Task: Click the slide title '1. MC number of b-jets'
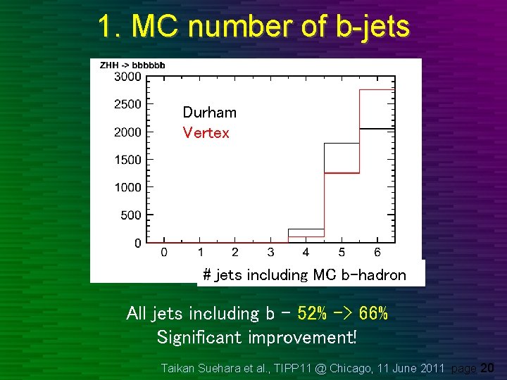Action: [x=254, y=27]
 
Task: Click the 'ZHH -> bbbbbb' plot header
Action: [x=132, y=65]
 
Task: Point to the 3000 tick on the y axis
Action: [x=127, y=77]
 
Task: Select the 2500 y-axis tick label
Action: [x=127, y=104]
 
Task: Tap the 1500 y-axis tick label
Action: [x=127, y=160]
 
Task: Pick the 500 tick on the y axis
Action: [x=130, y=215]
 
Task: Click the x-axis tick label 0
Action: [x=164, y=253]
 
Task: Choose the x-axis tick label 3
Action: [x=271, y=253]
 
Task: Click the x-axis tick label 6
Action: [x=377, y=253]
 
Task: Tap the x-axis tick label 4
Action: [x=306, y=253]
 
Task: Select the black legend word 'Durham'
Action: [x=209, y=113]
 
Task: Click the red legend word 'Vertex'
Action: [x=206, y=133]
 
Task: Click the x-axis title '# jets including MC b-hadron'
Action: [x=304, y=275]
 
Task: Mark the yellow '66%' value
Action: [x=373, y=314]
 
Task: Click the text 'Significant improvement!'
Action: [x=257, y=338]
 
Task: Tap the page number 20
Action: [x=487, y=367]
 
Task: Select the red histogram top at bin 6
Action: [x=377, y=90]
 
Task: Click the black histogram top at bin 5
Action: [x=342, y=144]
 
